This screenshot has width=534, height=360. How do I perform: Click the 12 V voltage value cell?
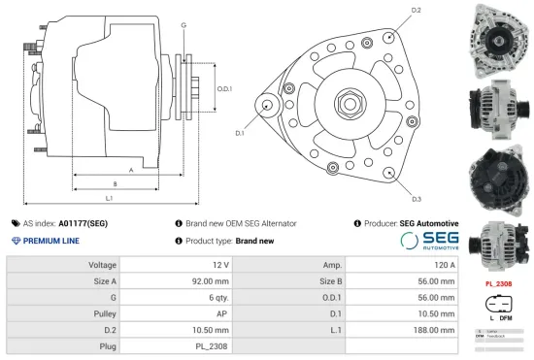point(220,265)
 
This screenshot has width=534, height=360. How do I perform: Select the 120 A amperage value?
point(444,265)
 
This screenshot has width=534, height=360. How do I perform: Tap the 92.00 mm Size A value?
point(210,281)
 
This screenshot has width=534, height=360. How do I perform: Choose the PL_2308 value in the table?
point(213,345)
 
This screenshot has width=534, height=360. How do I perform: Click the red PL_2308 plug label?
point(498,284)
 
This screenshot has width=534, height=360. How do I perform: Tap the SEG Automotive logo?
point(429,241)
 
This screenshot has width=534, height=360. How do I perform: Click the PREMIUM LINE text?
point(50,241)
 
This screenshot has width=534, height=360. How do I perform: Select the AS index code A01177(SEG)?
point(83,223)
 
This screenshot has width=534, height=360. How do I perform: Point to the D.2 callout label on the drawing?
point(416,10)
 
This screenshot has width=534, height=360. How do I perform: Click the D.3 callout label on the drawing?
point(416,199)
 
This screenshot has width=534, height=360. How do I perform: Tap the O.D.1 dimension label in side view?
point(224,89)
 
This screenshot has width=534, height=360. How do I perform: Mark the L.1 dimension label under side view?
point(109,199)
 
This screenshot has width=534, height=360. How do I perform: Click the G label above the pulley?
point(184,24)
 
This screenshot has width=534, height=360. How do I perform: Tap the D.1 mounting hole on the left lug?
point(267,106)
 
